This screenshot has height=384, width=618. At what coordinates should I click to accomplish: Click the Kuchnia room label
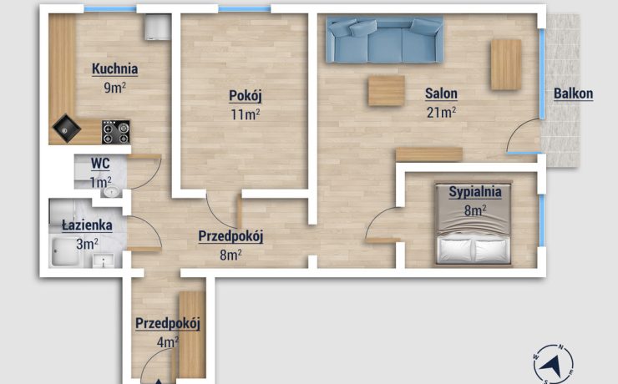(x=114, y=69)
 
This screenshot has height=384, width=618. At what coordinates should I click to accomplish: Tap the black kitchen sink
(x=67, y=128)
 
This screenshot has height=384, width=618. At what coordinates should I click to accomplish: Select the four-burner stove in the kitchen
(x=116, y=132)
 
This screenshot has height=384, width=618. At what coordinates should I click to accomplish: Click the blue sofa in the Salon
(x=385, y=39)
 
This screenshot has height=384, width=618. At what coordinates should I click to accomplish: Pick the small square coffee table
(x=386, y=91)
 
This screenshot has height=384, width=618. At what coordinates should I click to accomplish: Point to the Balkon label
(x=573, y=93)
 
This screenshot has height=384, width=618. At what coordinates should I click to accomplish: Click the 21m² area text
(x=441, y=112)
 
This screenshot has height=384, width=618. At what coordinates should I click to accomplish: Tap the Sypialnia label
(x=475, y=192)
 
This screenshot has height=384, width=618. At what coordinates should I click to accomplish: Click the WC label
(x=100, y=163)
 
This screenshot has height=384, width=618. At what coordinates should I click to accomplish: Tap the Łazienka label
(x=87, y=225)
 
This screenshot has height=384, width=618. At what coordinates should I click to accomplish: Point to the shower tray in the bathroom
(x=65, y=251)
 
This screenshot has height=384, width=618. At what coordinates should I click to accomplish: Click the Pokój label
(x=246, y=95)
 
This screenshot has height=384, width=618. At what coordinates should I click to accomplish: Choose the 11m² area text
(x=246, y=114)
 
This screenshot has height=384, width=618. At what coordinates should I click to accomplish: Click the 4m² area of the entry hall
(x=168, y=342)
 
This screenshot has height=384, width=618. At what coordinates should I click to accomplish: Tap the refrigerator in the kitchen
(x=158, y=27)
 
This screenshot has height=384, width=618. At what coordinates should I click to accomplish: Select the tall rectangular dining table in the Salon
(x=506, y=64)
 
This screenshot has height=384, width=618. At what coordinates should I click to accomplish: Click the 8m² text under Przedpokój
(x=230, y=255)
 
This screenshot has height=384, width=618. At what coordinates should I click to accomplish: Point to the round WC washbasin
(x=112, y=192)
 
